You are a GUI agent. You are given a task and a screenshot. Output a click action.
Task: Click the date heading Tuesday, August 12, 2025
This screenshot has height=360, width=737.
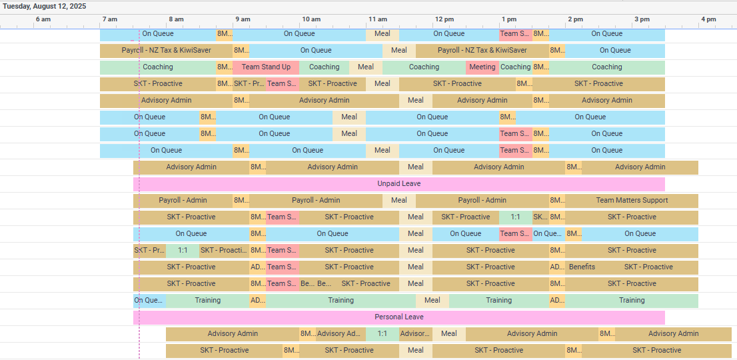pyautogui.click(x=44, y=6)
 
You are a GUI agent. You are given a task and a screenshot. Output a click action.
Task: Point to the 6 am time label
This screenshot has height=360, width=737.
pyautogui.click(x=43, y=19)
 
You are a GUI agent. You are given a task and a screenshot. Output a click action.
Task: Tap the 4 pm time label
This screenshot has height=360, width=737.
pyautogui.click(x=708, y=19)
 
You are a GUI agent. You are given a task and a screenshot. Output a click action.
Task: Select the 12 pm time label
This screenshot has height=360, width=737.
pyautogui.click(x=444, y=19)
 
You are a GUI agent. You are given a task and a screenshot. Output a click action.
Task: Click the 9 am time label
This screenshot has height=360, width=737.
pyautogui.click(x=243, y=19)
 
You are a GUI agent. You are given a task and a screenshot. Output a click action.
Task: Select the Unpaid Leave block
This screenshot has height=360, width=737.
pyautogui.click(x=398, y=184)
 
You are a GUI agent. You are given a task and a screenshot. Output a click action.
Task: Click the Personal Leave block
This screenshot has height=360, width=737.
pyautogui.click(x=398, y=317)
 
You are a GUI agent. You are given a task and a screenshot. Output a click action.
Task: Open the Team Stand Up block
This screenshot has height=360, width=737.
pyautogui.click(x=266, y=67)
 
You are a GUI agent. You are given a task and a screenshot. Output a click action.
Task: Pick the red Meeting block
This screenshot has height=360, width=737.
pyautogui.click(x=482, y=67)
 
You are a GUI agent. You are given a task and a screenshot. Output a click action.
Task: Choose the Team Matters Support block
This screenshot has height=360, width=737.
pyautogui.click(x=631, y=201)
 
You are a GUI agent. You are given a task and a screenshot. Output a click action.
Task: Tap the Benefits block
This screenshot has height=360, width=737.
pyautogui.click(x=582, y=267)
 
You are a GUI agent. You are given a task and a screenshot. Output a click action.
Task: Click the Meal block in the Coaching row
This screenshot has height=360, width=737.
pyautogui.click(x=366, y=67)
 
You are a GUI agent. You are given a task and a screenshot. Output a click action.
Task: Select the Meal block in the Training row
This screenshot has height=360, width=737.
pyautogui.click(x=432, y=301)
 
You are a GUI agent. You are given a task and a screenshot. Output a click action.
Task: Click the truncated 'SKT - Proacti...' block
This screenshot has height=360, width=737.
pyautogui.click(x=224, y=251)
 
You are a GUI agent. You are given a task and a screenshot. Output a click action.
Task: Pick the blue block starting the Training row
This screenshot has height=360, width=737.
pyautogui.click(x=149, y=301)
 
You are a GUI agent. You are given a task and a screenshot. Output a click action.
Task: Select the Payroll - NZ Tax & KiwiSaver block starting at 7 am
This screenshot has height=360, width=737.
pyautogui.click(x=166, y=51)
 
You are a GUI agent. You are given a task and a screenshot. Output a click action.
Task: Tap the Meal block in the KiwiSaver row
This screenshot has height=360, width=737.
pyautogui.click(x=398, y=51)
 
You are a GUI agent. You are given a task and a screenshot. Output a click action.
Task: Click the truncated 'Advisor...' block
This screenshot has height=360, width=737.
pyautogui.click(x=415, y=334)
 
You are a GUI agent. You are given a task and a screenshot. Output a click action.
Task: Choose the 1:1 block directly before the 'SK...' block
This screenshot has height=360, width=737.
pyautogui.click(x=515, y=217)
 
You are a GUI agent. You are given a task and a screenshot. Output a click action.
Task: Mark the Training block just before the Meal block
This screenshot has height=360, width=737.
pyautogui.click(x=341, y=301)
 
